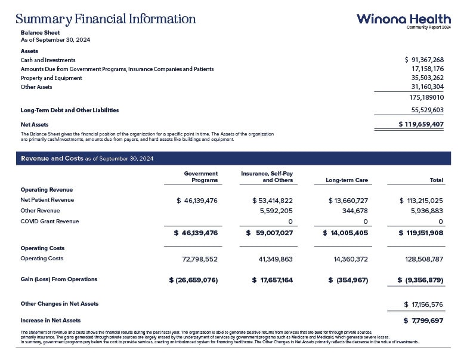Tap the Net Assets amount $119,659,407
[x=421, y=124]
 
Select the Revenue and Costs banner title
[x=87, y=158]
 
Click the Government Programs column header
[x=201, y=177]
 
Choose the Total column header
[x=437, y=180]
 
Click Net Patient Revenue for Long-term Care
[x=348, y=200]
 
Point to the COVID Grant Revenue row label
[x=50, y=221]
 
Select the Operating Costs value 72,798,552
[x=199, y=259]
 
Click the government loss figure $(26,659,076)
[x=193, y=279]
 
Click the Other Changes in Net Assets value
[x=423, y=304]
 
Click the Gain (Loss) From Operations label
[x=59, y=279]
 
